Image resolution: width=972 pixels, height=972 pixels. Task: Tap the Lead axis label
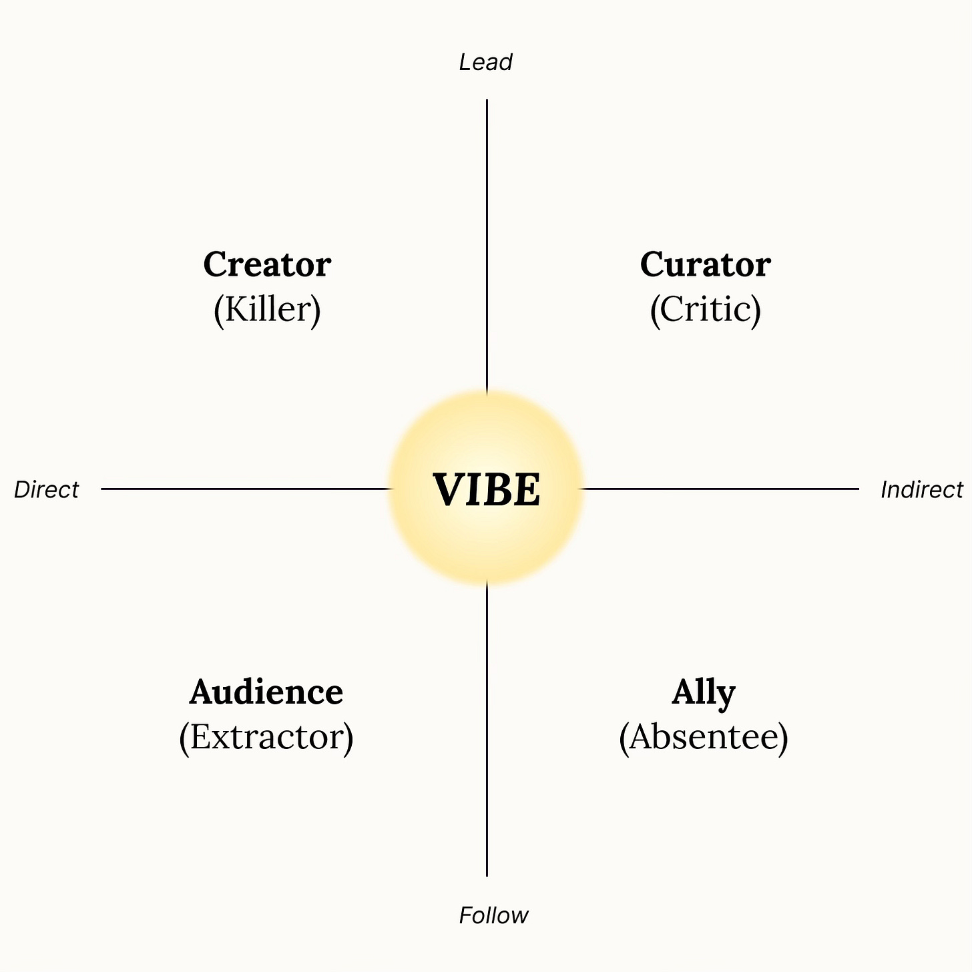(x=485, y=62)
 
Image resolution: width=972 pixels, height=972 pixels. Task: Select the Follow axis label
(x=493, y=915)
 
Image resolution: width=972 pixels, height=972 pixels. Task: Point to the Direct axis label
(x=46, y=490)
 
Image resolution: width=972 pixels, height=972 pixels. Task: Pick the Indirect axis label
(x=922, y=490)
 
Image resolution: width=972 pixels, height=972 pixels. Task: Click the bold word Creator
(x=267, y=264)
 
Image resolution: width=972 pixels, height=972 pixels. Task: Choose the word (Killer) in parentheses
(x=267, y=309)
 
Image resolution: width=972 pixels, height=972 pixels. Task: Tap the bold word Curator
(x=705, y=264)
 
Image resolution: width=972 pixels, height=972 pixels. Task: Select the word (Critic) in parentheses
(x=705, y=309)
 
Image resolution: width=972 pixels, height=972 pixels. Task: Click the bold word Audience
(x=266, y=692)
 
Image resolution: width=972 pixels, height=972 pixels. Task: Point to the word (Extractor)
(x=266, y=737)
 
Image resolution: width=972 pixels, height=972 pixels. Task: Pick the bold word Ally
(x=704, y=693)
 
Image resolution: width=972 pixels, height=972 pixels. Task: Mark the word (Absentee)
(x=704, y=737)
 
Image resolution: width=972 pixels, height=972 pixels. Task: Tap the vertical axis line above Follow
(x=487, y=734)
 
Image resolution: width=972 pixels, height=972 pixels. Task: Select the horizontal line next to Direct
(x=240, y=489)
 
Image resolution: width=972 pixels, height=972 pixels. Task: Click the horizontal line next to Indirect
(x=721, y=489)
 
